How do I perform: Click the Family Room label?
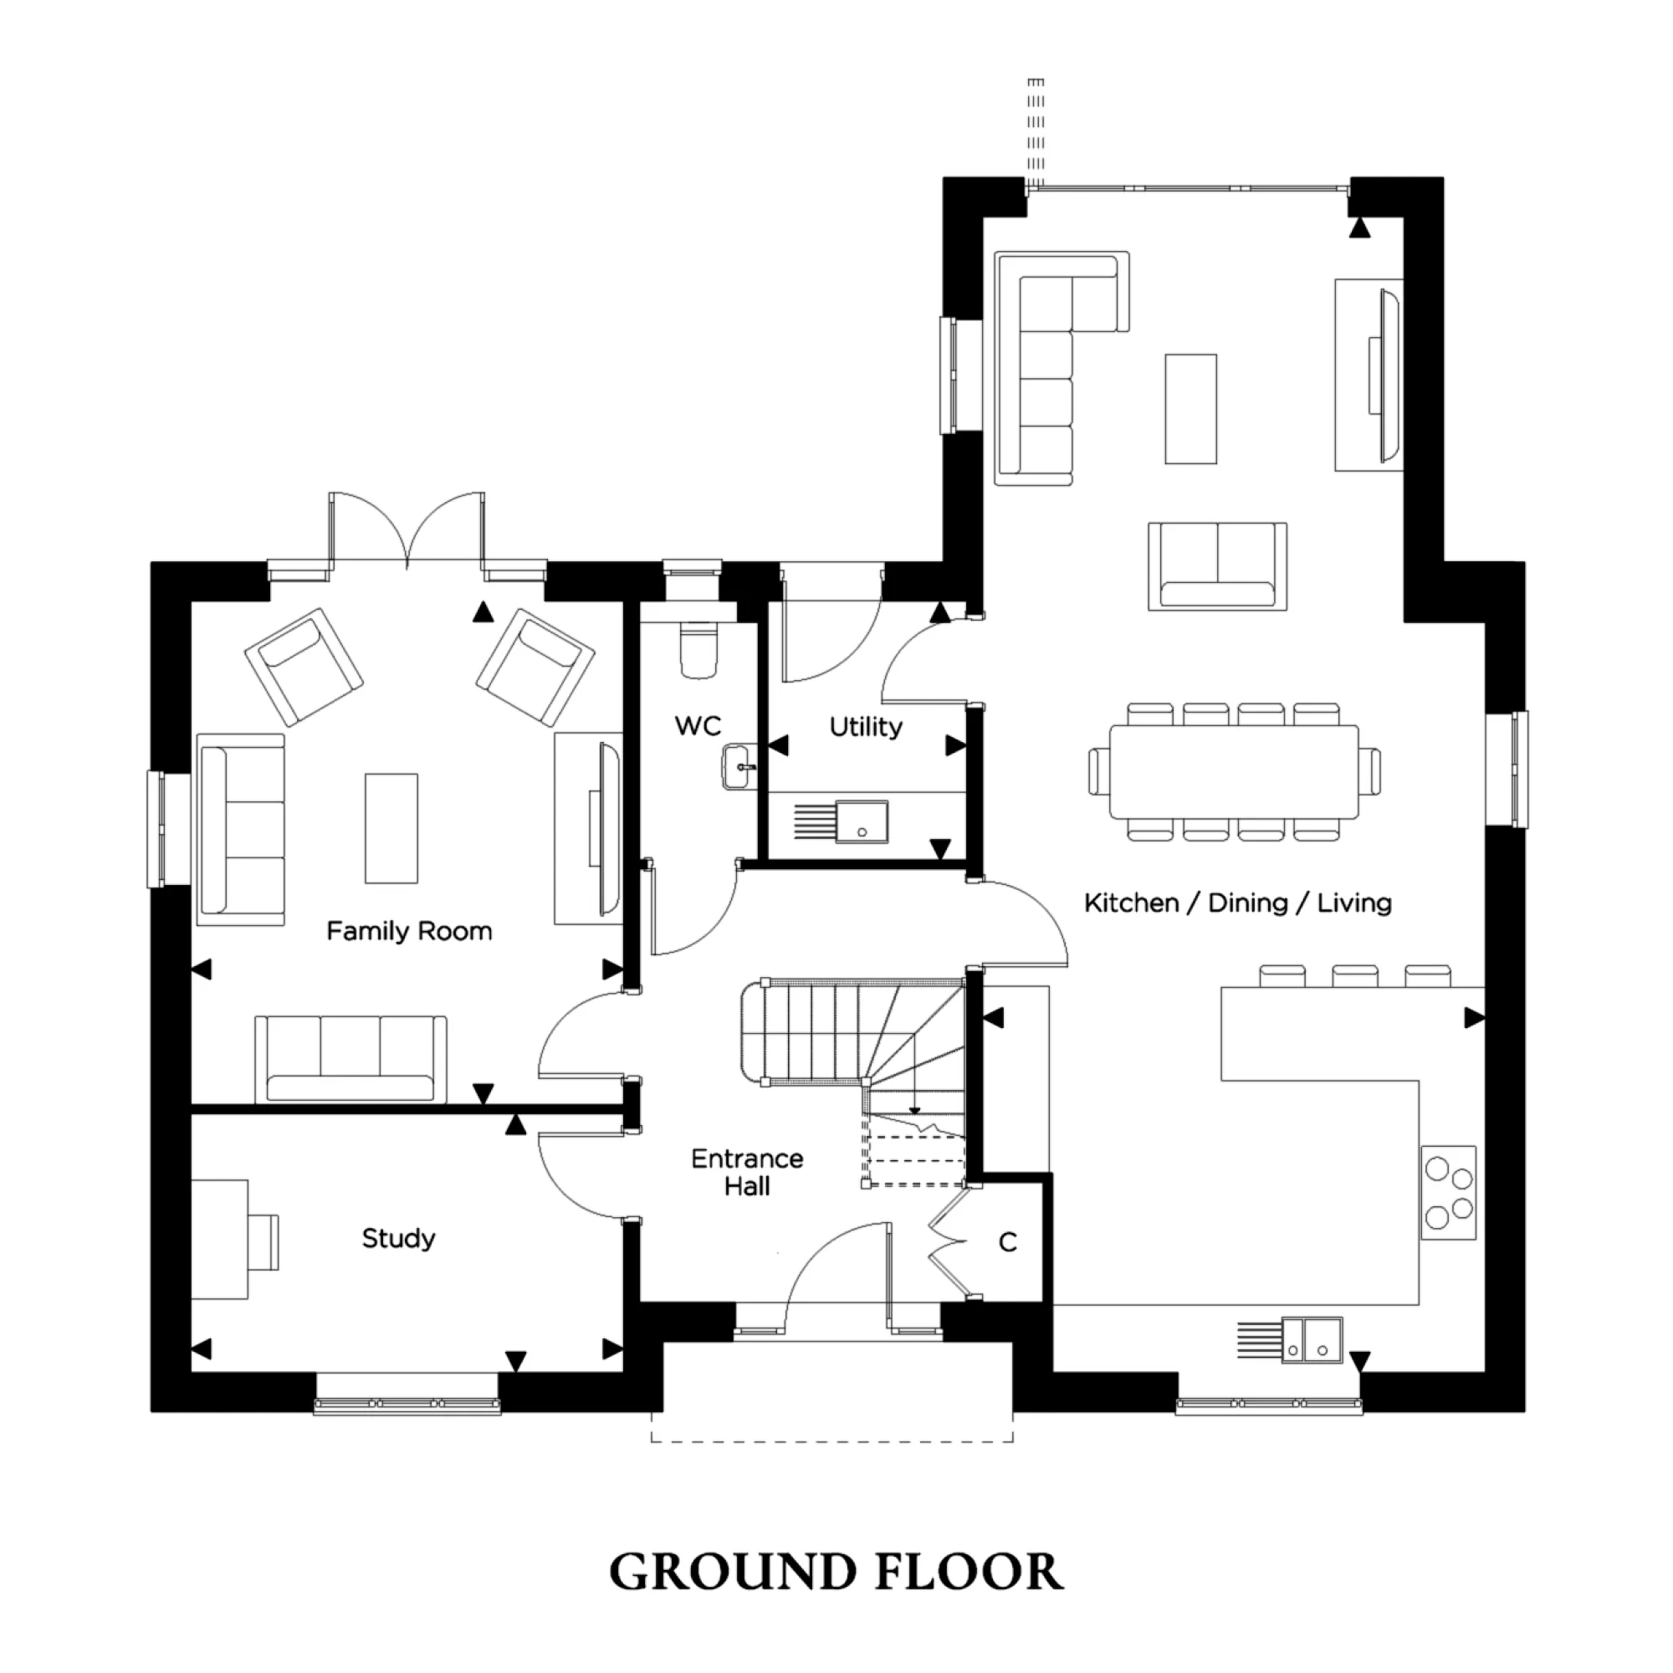[409, 932]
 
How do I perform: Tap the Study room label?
[398, 1238]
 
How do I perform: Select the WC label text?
[698, 725]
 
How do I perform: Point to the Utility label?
[866, 727]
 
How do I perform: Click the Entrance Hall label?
[746, 1173]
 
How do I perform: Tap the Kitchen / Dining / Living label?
[1237, 903]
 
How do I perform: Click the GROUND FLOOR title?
[836, 1573]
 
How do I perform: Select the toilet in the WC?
[698, 650]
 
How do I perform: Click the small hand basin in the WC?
[736, 767]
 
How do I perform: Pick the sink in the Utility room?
[862, 821]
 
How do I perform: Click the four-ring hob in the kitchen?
[1449, 1192]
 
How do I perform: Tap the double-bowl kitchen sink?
[1312, 1339]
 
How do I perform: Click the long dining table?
[1234, 771]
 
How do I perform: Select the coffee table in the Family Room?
[391, 829]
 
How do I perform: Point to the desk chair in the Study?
[264, 1241]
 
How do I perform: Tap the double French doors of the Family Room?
[407, 530]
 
